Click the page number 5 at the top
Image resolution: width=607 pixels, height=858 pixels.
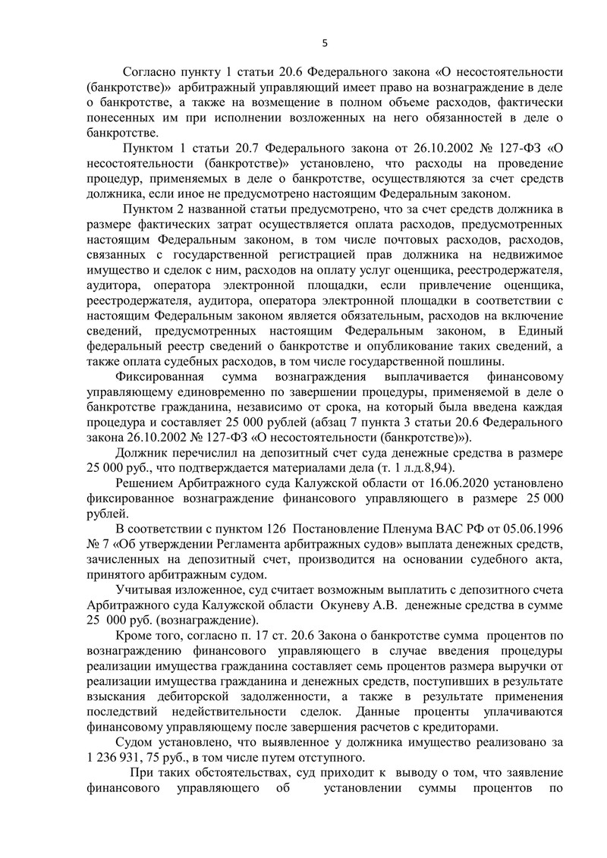coord(324,42)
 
